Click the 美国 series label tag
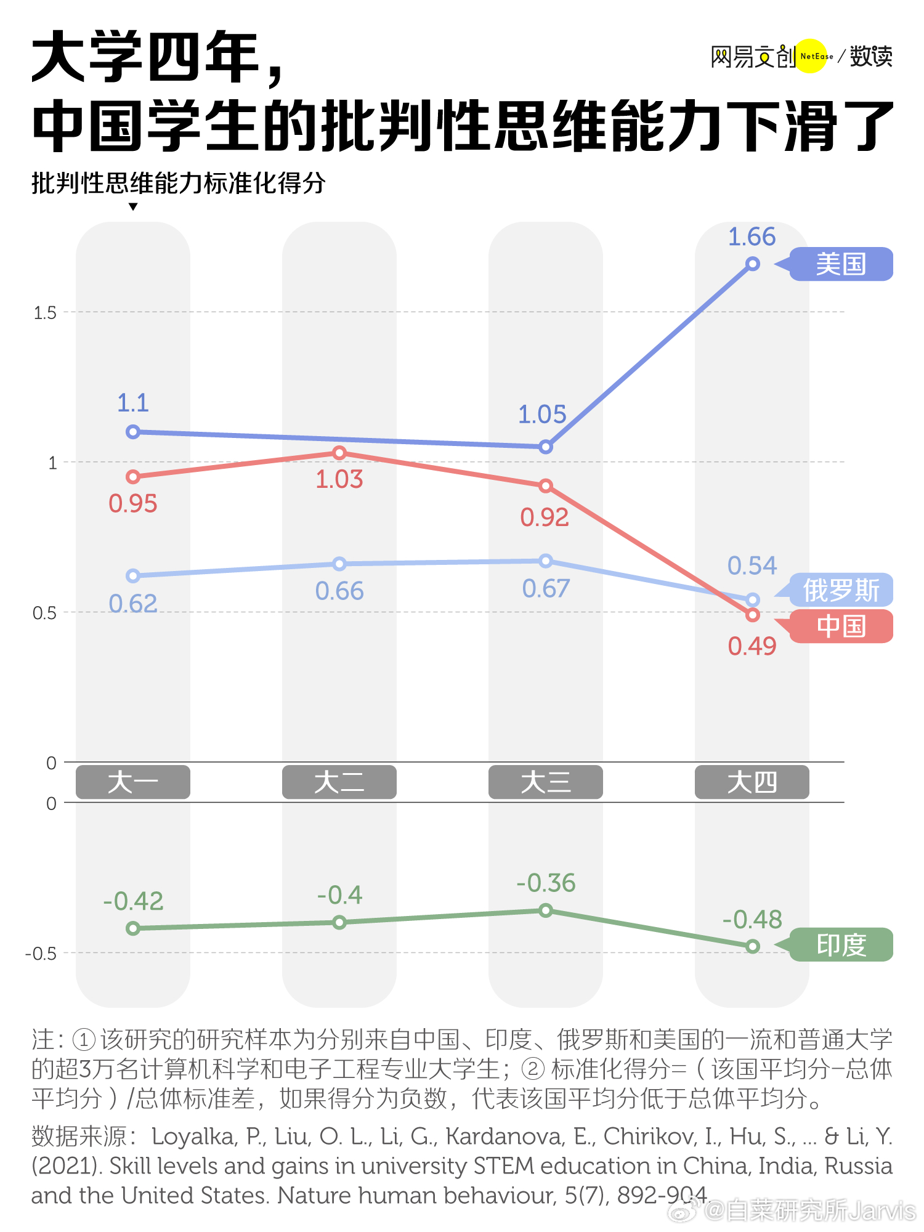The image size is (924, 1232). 841,264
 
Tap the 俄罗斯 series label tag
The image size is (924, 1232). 841,590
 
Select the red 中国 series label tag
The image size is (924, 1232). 841,626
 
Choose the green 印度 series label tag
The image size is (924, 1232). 841,945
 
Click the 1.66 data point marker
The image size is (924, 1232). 752,264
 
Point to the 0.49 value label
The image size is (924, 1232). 752,646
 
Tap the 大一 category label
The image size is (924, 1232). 132,782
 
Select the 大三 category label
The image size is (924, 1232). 545,782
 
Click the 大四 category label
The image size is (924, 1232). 752,782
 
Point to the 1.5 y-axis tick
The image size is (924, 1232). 45,313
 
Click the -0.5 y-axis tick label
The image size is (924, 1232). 41,954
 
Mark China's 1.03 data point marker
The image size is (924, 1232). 339,453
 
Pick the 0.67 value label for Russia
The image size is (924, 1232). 546,589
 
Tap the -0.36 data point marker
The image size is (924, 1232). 546,910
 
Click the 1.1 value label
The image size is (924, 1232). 133,403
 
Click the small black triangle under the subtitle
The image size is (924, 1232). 133,207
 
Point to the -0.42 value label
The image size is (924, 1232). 133,902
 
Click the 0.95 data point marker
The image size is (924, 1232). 133,477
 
